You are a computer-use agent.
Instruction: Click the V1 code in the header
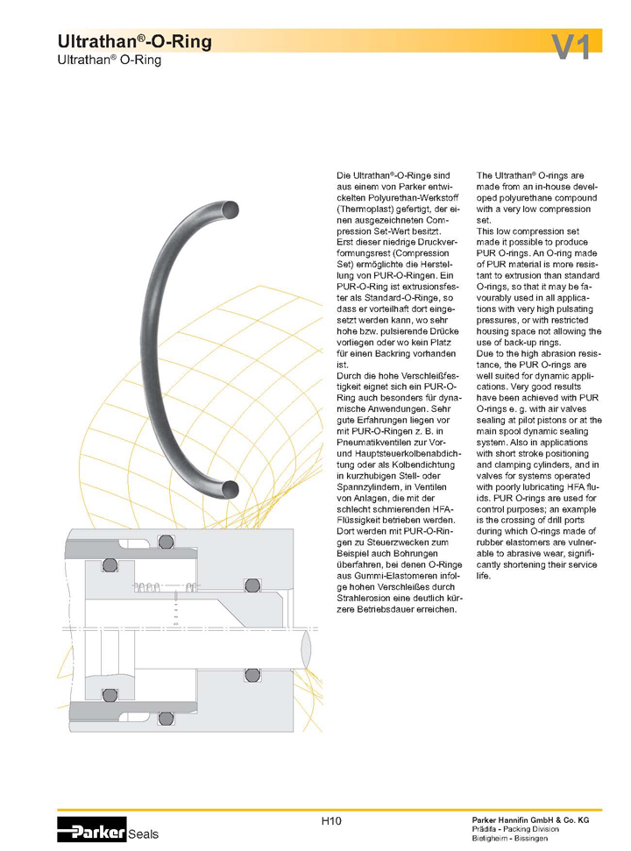click(x=571, y=46)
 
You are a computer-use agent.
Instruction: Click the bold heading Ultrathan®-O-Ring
click(x=134, y=42)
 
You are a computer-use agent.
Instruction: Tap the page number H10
click(x=330, y=820)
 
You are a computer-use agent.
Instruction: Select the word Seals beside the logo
click(x=144, y=834)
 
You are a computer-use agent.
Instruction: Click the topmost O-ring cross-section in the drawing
click(x=166, y=541)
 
